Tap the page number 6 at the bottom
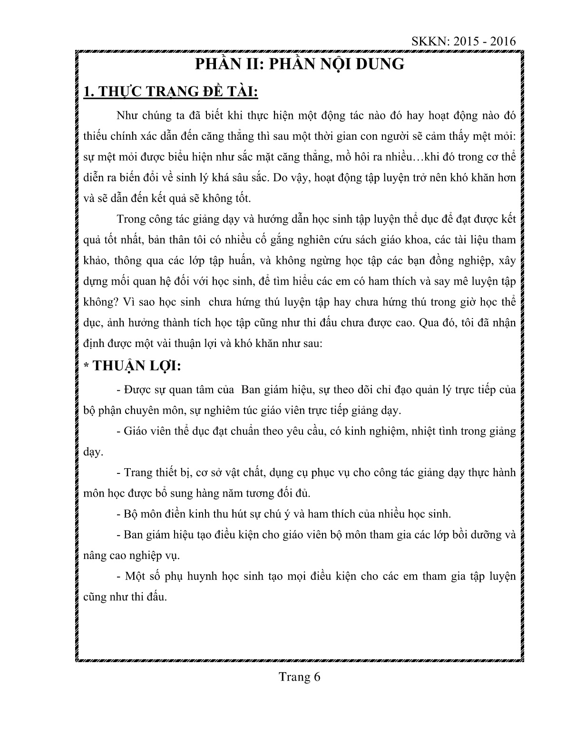click(317, 677)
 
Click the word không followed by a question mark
click(97, 302)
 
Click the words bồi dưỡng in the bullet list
click(468, 534)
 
